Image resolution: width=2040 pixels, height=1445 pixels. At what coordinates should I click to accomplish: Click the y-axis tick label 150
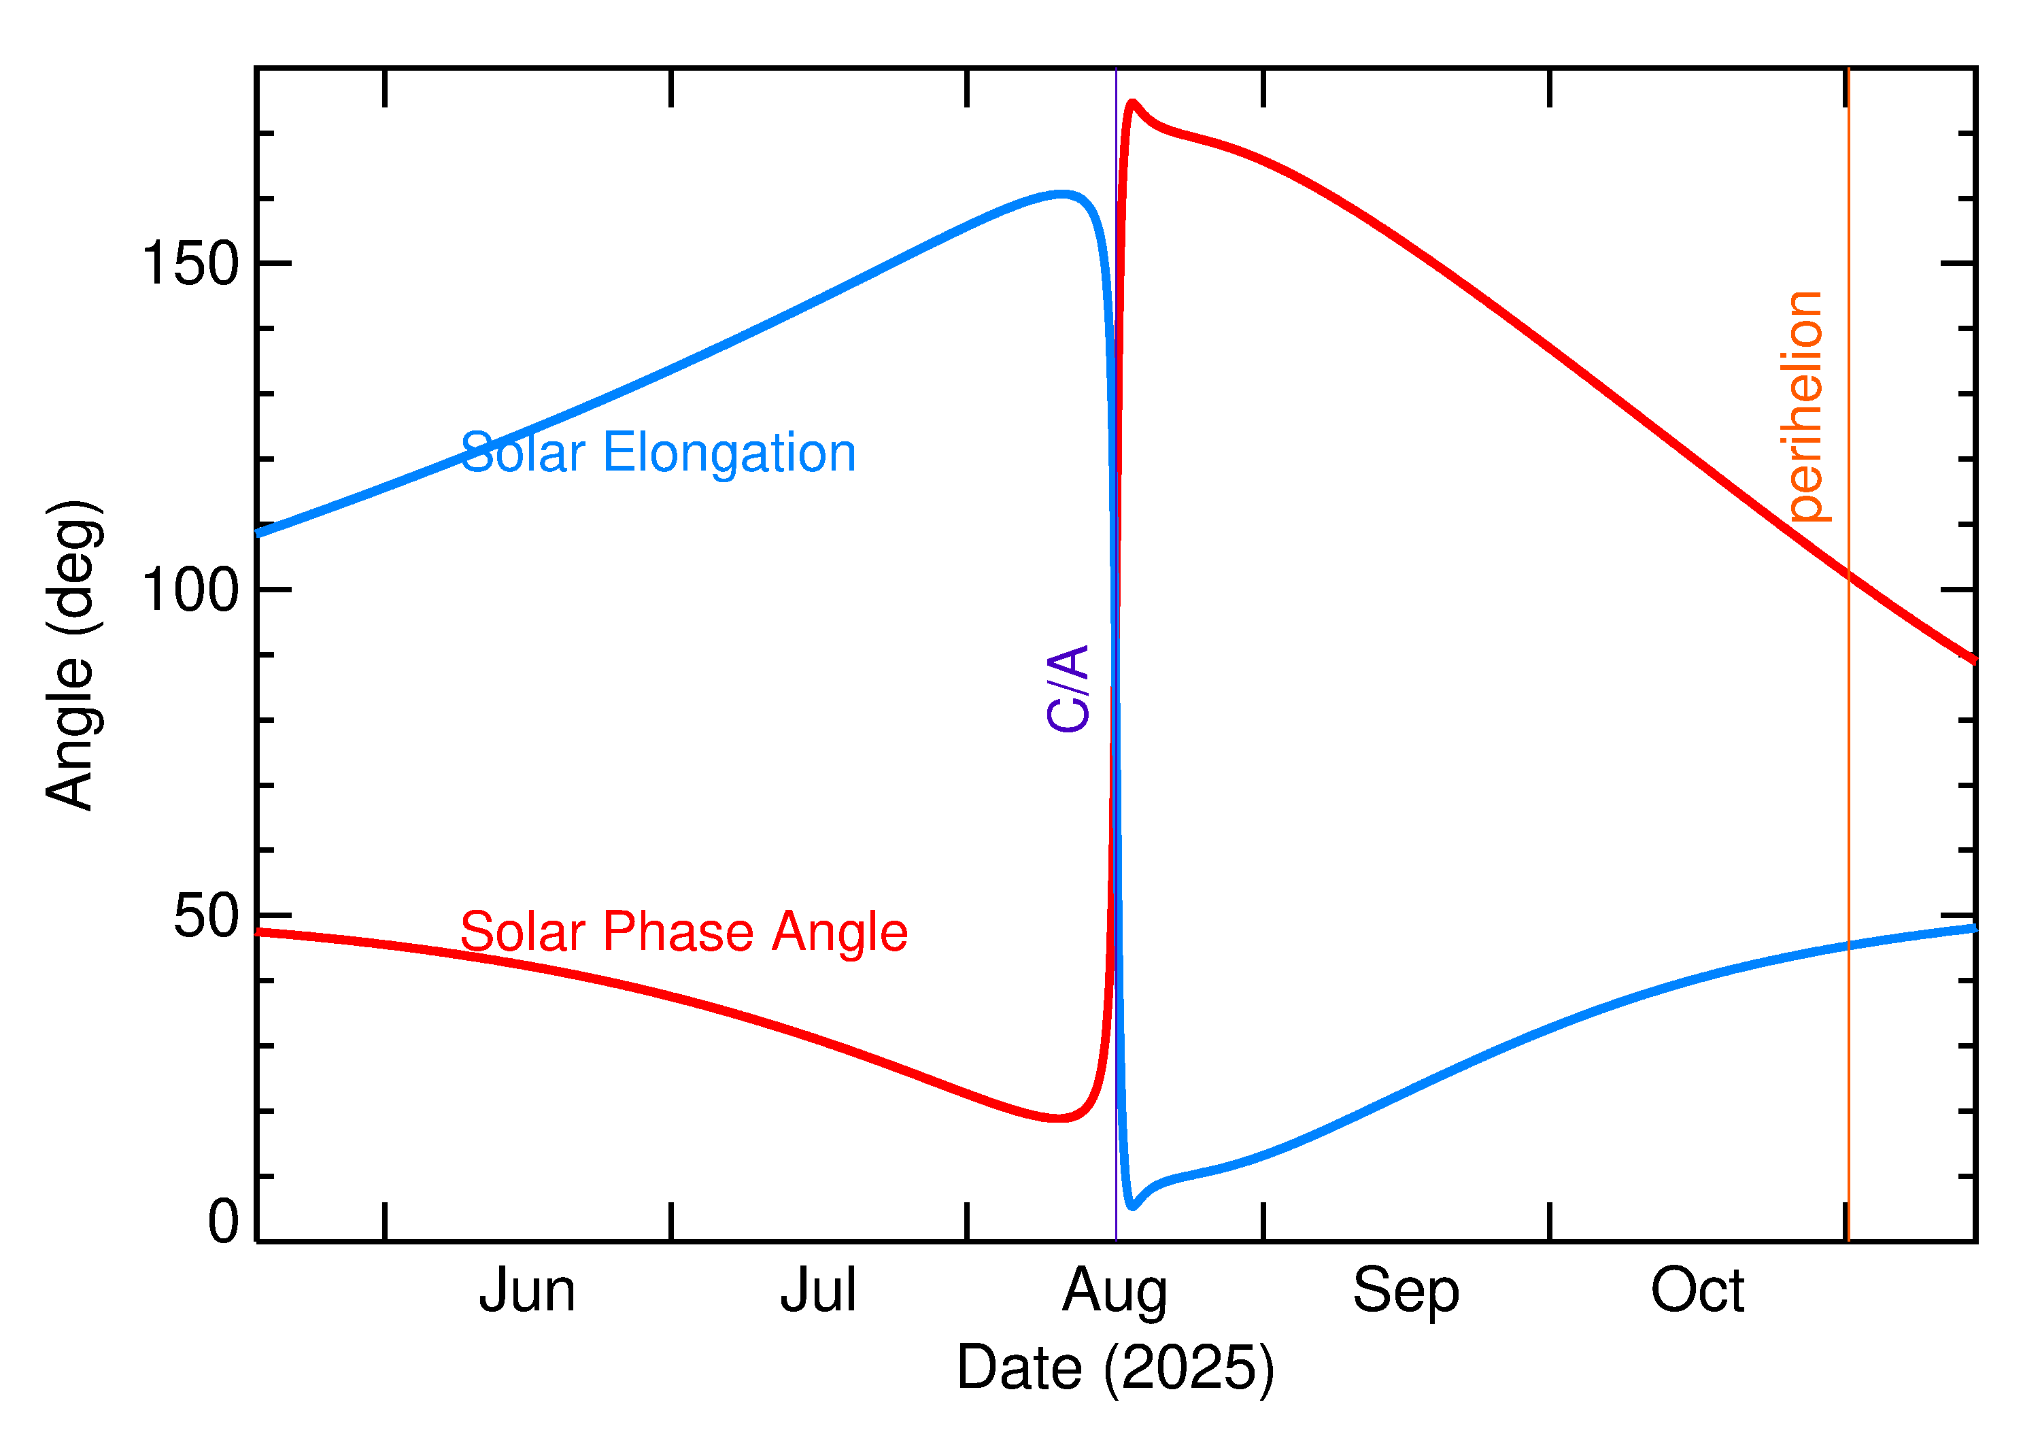pos(190,265)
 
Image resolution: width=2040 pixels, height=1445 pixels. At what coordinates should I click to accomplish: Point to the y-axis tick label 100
pos(190,590)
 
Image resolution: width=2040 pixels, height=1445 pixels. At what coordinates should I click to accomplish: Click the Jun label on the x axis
pos(527,1291)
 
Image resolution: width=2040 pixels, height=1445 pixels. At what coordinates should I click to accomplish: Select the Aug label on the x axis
pos(1114,1293)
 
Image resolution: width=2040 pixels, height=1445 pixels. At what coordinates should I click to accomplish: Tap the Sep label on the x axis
pos(1406,1293)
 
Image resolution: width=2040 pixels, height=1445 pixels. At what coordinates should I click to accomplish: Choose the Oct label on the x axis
pos(1697,1291)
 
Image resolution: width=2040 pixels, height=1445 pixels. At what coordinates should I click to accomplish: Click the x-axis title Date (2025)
pos(1115,1367)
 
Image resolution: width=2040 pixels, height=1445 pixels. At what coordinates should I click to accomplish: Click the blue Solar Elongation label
pos(658,453)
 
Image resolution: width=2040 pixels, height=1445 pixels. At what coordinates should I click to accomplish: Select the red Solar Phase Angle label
pos(683,932)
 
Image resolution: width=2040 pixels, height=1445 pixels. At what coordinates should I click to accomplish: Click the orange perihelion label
pos(1803,406)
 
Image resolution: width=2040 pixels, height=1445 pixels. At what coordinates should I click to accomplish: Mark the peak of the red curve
pos(1132,103)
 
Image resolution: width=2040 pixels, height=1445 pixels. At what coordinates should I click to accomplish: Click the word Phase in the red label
pos(678,932)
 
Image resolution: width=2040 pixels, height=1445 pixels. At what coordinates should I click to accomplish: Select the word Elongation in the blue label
pos(729,453)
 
